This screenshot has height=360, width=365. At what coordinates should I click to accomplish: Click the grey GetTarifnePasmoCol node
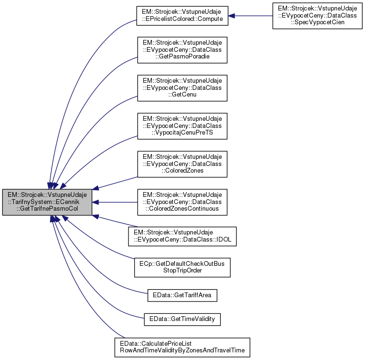pyautogui.click(x=47, y=202)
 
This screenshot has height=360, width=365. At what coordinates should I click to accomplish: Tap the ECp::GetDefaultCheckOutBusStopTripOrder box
pyautogui.click(x=182, y=267)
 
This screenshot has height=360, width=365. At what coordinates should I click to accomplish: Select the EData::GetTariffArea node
pyautogui.click(x=182, y=296)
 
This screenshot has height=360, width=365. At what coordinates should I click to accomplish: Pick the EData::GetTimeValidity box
pyautogui.click(x=182, y=319)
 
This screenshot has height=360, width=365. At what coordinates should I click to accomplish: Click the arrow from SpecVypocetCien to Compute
pyautogui.click(x=250, y=16)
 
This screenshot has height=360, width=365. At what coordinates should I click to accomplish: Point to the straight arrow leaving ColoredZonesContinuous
pyautogui.click(x=114, y=202)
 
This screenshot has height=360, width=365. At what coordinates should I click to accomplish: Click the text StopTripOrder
pyautogui.click(x=182, y=271)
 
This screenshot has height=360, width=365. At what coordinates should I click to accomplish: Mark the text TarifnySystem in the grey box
pyautogui.click(x=30, y=202)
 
